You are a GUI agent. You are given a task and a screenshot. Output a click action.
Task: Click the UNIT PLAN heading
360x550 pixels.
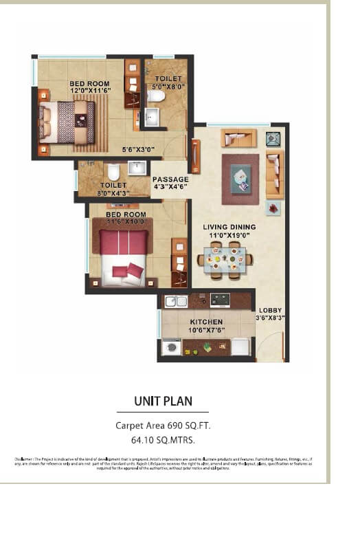point(163,401)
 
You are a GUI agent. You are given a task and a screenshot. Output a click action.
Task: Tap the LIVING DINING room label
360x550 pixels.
point(229,227)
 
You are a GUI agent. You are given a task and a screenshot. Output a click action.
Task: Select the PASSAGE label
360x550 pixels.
point(170,179)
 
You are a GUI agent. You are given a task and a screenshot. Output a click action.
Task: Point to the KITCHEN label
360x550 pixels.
point(206,322)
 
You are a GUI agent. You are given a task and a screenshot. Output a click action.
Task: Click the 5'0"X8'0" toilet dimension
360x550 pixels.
point(168,87)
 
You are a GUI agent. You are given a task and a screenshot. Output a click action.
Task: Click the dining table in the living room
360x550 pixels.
point(224,259)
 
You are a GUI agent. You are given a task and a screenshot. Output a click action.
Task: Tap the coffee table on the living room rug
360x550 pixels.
point(241,177)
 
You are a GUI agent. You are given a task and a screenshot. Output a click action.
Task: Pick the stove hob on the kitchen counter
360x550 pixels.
point(219,300)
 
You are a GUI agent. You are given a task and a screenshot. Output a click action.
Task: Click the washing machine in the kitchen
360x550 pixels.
point(171,348)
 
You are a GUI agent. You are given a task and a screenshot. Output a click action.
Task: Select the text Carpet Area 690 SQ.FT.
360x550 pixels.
point(163,426)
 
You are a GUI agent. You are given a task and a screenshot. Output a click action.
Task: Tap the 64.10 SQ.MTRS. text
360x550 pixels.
point(163,440)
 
